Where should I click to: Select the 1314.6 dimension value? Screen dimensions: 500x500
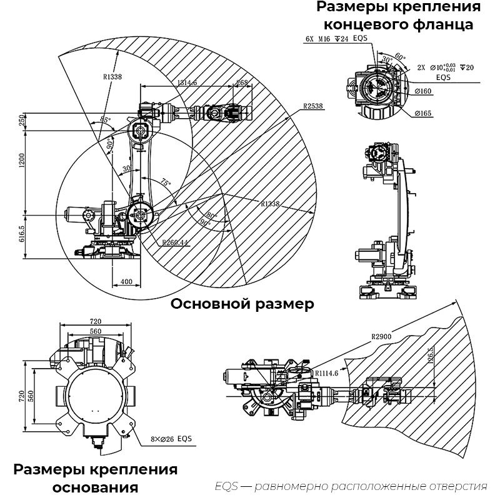187,82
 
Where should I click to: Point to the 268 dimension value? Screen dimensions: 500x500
242,82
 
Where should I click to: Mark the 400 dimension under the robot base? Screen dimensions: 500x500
126,282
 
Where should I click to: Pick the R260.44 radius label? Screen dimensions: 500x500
175,242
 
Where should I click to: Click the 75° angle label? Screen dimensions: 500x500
165,183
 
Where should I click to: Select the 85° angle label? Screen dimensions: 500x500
105,119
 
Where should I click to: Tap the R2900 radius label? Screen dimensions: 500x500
381,337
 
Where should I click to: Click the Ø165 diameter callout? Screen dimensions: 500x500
423,113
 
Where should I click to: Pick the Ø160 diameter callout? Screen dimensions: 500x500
424,91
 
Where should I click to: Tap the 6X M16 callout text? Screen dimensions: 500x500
318,39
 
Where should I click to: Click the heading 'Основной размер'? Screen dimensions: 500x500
242,304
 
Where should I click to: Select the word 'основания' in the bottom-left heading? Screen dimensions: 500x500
96,487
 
